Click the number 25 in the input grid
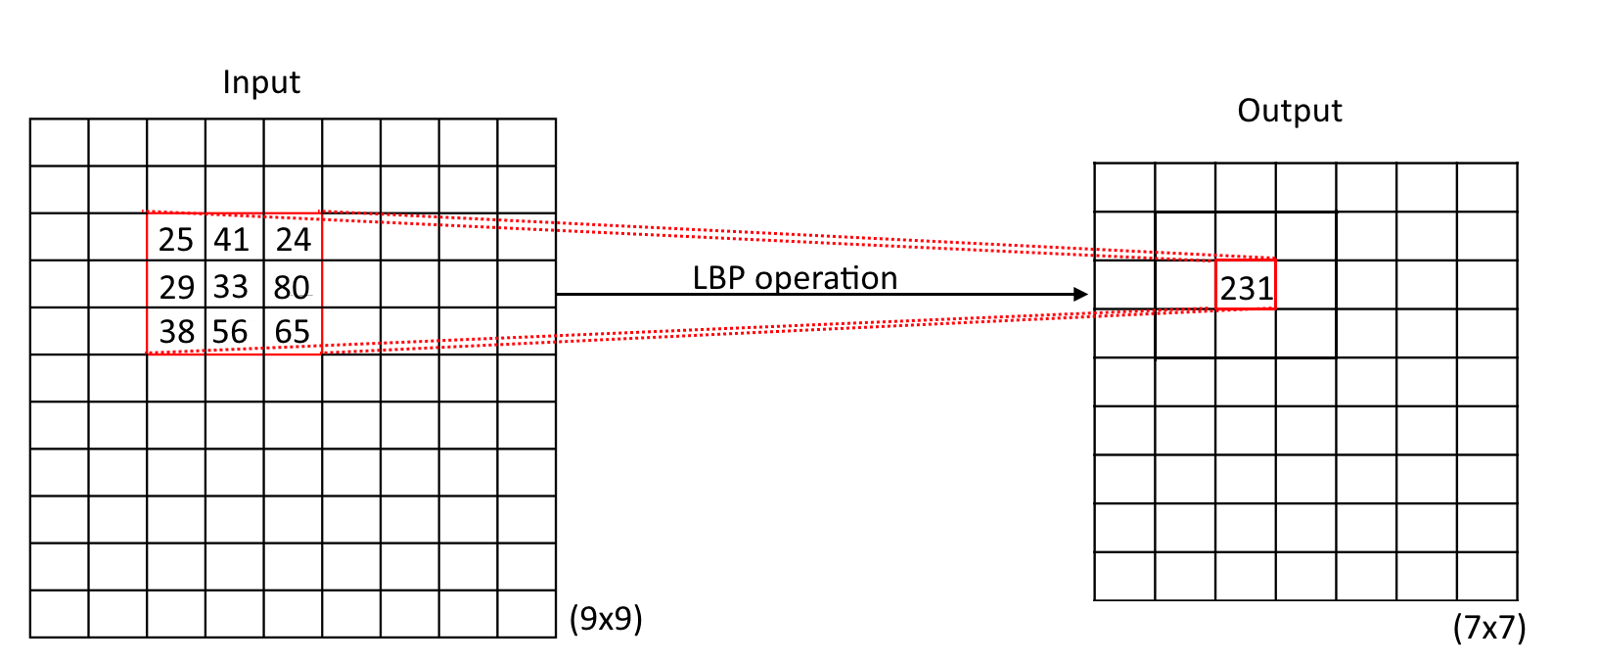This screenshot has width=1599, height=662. pyautogui.click(x=176, y=240)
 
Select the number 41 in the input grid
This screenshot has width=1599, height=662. pyautogui.click(x=232, y=240)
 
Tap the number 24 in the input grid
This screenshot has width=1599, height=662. pyautogui.click(x=293, y=240)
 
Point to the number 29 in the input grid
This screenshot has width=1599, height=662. pyautogui.click(x=176, y=288)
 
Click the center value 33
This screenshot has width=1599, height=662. pyautogui.click(x=231, y=287)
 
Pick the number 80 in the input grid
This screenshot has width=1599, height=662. pyautogui.click(x=292, y=288)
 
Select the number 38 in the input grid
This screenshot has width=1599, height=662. pyautogui.click(x=176, y=333)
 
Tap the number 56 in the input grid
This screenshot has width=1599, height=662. pyautogui.click(x=231, y=333)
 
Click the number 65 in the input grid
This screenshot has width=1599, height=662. pyautogui.click(x=292, y=333)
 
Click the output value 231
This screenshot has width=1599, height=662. pyautogui.click(x=1246, y=289)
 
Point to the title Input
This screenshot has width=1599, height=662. pyautogui.click(x=261, y=83)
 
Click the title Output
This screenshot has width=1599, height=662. pyautogui.click(x=1290, y=112)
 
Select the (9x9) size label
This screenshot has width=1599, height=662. pyautogui.click(x=606, y=619)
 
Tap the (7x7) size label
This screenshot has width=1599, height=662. pyautogui.click(x=1489, y=628)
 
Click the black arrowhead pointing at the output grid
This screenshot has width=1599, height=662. pyautogui.click(x=1080, y=295)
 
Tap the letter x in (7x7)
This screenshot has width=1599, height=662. pyautogui.click(x=1489, y=629)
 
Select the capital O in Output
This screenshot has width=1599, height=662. pyautogui.click(x=1248, y=112)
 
